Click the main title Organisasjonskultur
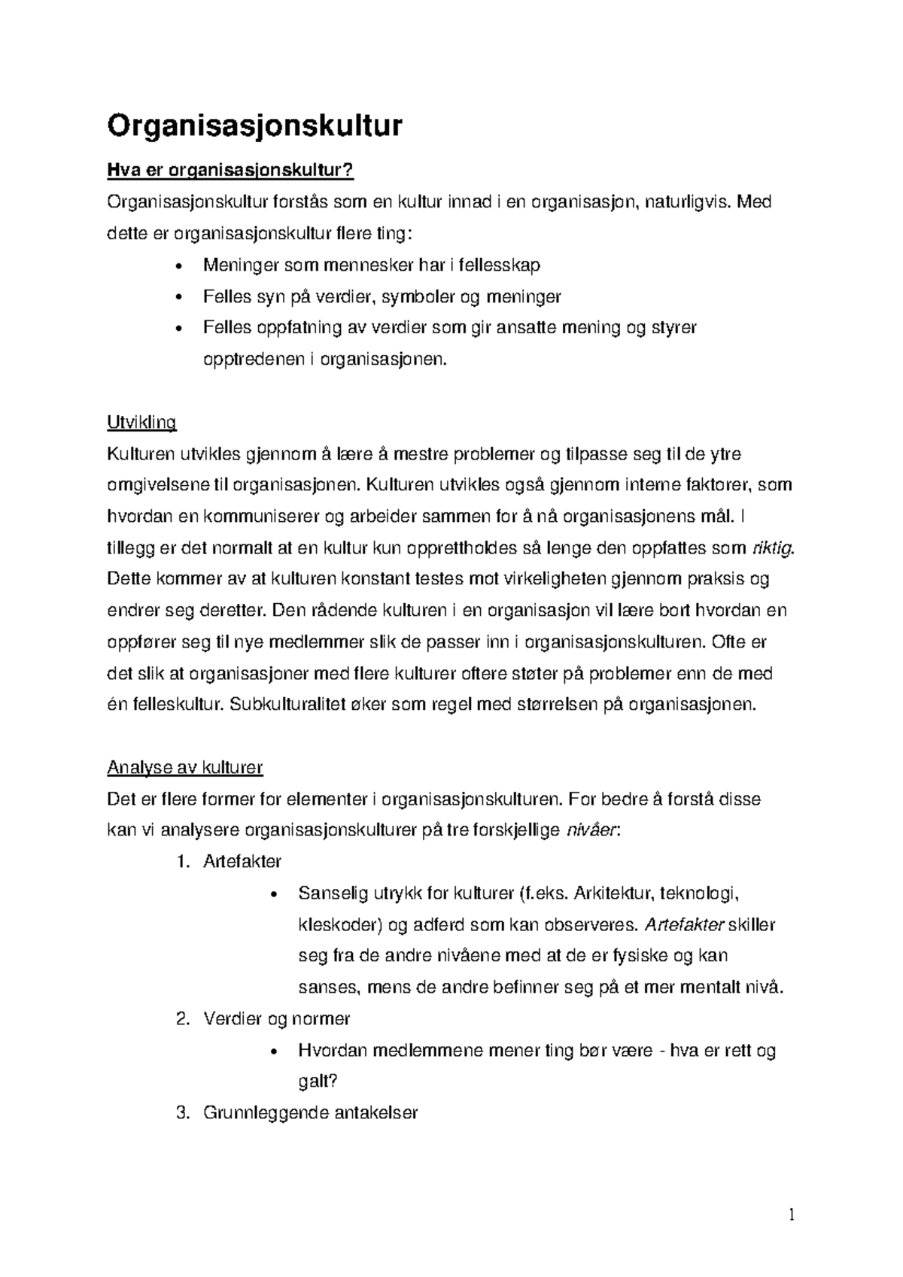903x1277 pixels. click(254, 126)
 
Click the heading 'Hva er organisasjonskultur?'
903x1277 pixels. click(230, 171)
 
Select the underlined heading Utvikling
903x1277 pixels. click(141, 423)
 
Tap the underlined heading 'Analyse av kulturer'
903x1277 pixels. click(185, 768)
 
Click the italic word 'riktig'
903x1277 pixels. click(773, 548)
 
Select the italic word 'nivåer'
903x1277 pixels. click(591, 830)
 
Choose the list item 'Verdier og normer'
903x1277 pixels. click(276, 1019)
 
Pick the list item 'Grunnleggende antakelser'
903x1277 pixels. click(310, 1113)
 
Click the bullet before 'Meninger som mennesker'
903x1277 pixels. click(178, 266)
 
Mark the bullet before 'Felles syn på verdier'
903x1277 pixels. click(178, 298)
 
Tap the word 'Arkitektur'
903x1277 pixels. click(613, 893)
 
